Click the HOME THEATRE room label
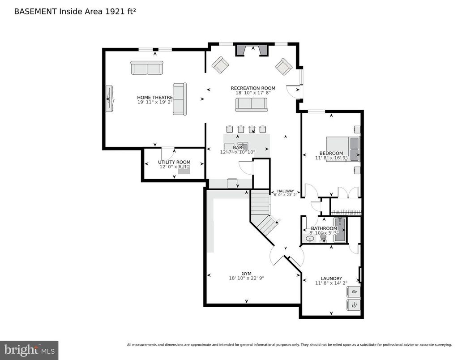click(155, 97)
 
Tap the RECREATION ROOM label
click(253, 88)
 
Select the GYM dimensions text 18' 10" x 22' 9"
click(246, 278)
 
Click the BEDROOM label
click(331, 153)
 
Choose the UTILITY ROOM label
click(174, 162)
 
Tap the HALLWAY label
click(286, 191)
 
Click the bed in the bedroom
click(342, 149)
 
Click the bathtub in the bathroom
click(340, 230)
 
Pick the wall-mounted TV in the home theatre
click(109, 98)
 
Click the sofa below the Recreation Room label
click(251, 104)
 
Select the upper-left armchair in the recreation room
click(220, 65)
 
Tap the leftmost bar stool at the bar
click(230, 129)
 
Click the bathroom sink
click(308, 240)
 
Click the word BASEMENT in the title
click(35, 12)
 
